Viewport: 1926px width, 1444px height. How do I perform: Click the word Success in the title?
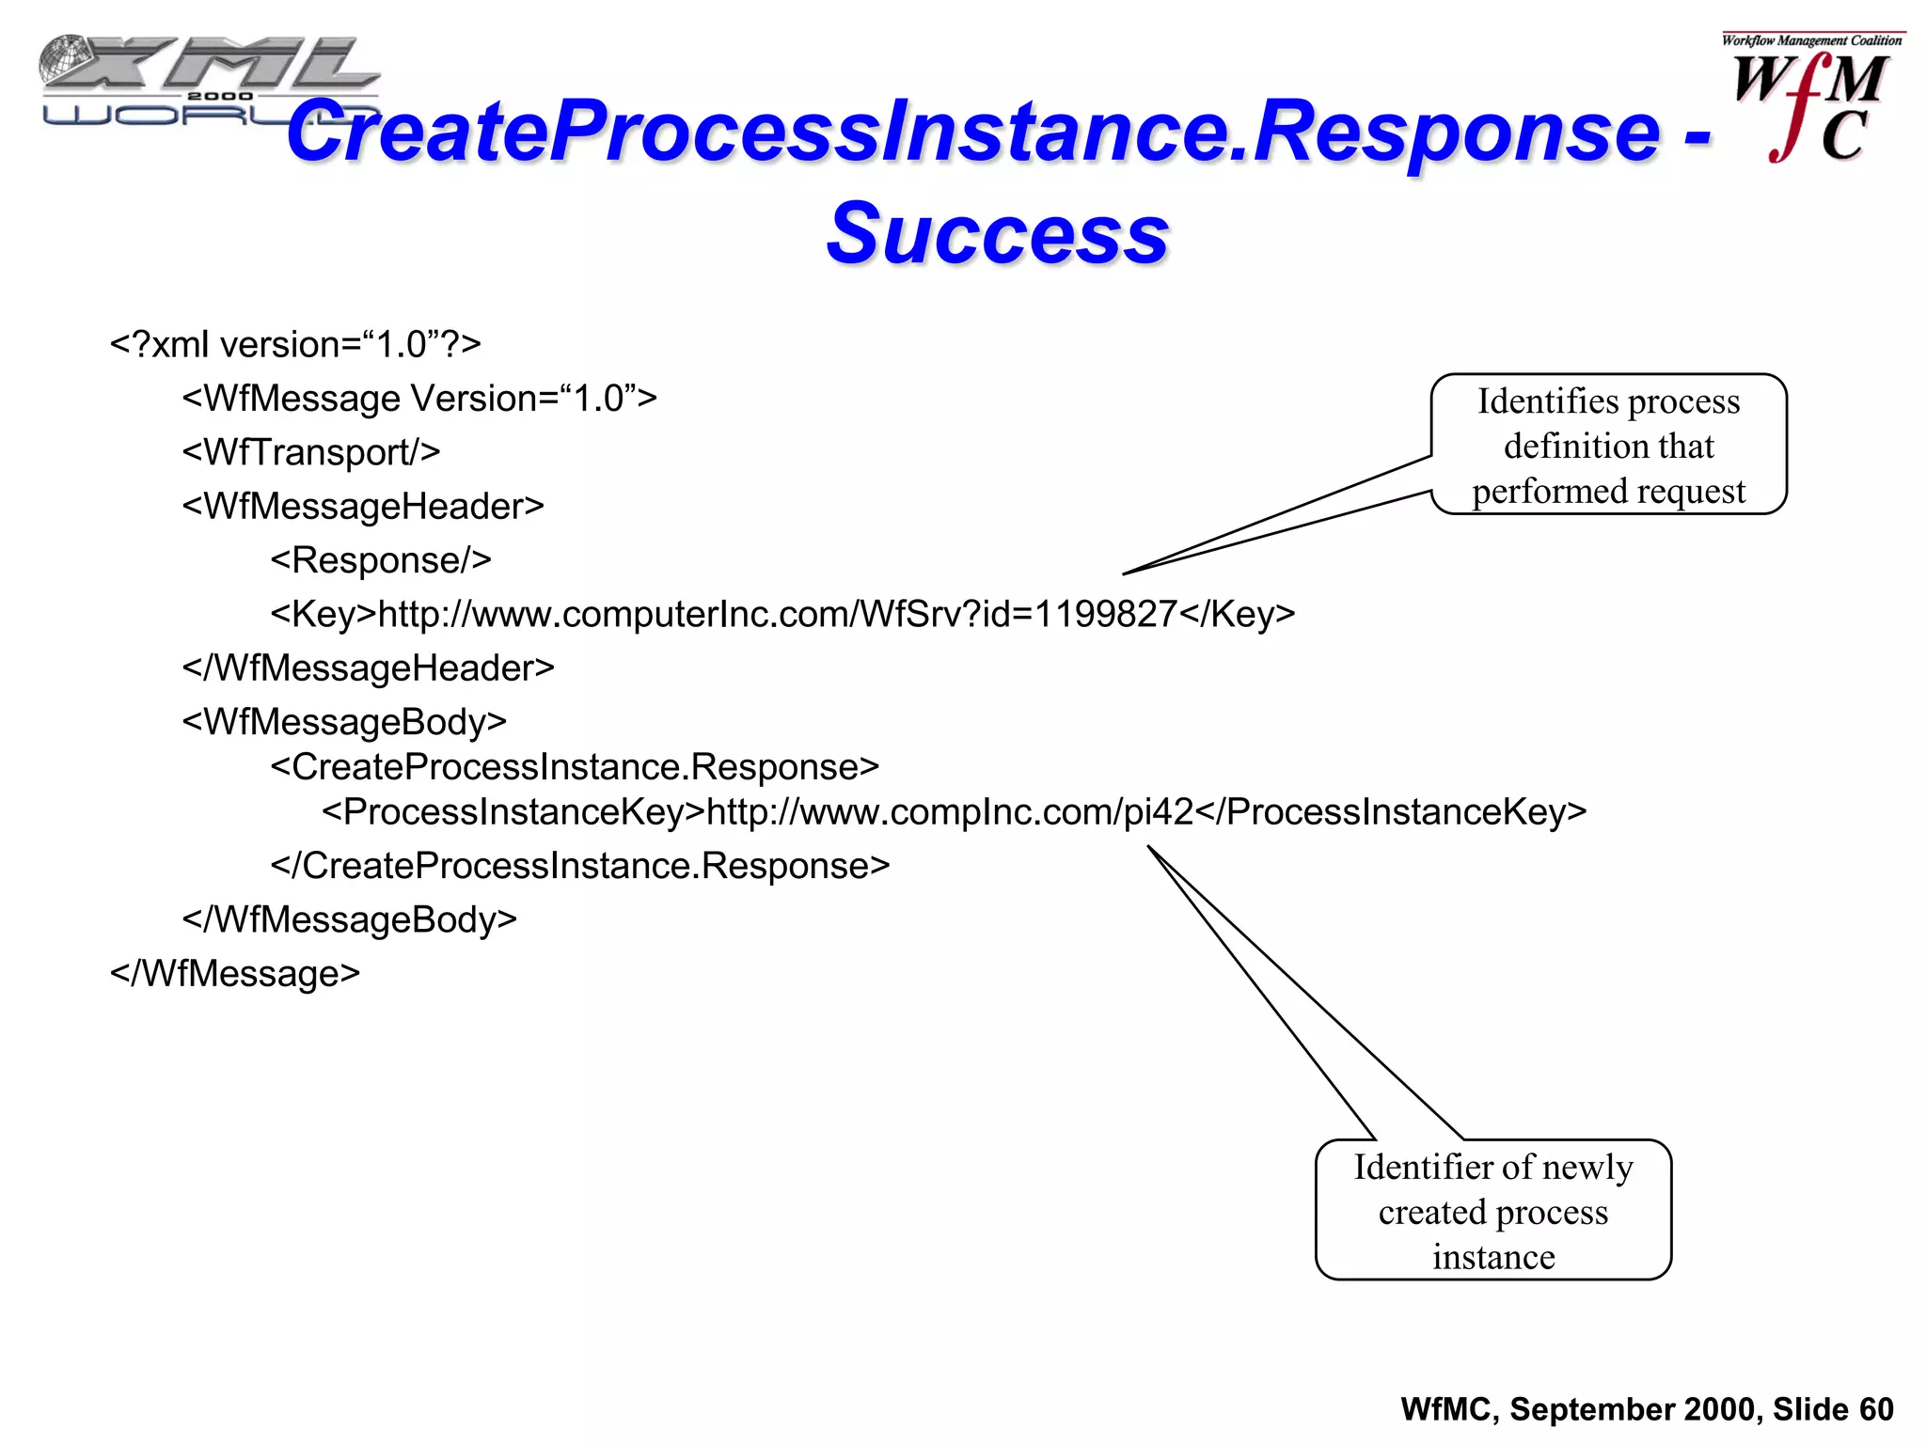click(997, 234)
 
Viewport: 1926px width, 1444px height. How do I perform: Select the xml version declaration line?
click(295, 345)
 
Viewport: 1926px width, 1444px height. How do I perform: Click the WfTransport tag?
click(311, 452)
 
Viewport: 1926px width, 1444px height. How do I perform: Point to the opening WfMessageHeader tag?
click(363, 506)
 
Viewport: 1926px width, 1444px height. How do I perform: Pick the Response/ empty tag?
click(381, 560)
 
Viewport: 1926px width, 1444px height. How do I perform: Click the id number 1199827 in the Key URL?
click(1105, 614)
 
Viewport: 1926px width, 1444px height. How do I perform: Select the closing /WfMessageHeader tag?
click(368, 667)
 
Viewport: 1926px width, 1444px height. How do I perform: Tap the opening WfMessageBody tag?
click(344, 722)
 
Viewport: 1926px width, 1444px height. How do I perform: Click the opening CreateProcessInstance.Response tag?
click(575, 767)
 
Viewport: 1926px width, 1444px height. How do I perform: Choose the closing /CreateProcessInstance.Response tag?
click(579, 866)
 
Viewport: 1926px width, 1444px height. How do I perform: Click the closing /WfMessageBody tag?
click(349, 919)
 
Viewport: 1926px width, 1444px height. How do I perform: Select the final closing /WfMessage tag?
click(235, 973)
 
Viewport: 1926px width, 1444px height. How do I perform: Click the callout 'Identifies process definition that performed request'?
click(1608, 446)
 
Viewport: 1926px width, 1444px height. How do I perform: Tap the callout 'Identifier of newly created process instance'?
click(1493, 1211)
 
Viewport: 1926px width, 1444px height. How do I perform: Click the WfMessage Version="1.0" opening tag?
click(419, 399)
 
